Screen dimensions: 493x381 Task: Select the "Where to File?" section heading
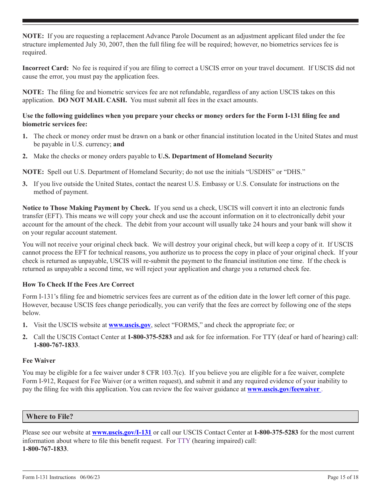click(50, 416)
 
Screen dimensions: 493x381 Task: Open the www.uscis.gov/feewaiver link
click(284, 389)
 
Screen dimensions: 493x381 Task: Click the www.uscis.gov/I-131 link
click(122, 432)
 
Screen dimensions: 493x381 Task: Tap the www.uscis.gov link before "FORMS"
click(130, 325)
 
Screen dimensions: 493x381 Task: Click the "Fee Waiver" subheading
click(39, 361)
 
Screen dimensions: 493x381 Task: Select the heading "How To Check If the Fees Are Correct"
click(78, 285)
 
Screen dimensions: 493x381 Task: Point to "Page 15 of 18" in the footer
click(343, 477)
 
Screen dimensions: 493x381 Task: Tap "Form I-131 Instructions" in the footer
click(49, 477)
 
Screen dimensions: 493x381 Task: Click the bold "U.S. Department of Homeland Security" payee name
click(215, 156)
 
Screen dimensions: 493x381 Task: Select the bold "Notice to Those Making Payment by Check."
click(87, 208)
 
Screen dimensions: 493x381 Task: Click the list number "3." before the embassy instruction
click(25, 184)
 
